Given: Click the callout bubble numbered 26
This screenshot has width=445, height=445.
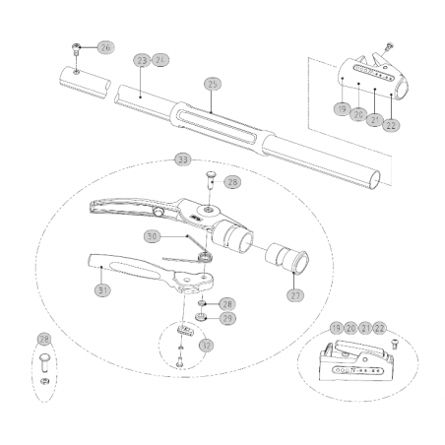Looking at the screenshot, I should click(x=105, y=46).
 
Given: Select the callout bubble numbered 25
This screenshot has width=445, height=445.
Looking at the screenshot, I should click(x=209, y=84).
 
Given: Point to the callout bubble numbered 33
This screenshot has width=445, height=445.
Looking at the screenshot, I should click(x=181, y=159).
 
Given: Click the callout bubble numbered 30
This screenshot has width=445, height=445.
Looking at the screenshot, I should click(x=151, y=236).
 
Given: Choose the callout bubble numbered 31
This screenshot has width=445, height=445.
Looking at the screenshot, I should click(x=102, y=290).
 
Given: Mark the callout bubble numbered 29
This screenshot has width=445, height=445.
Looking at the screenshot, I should click(x=226, y=318).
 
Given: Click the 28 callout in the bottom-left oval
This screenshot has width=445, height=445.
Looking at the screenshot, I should click(x=43, y=341).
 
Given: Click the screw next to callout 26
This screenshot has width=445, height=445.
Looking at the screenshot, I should click(x=77, y=47).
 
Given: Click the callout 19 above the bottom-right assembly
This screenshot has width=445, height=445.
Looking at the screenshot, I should click(x=336, y=327).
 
